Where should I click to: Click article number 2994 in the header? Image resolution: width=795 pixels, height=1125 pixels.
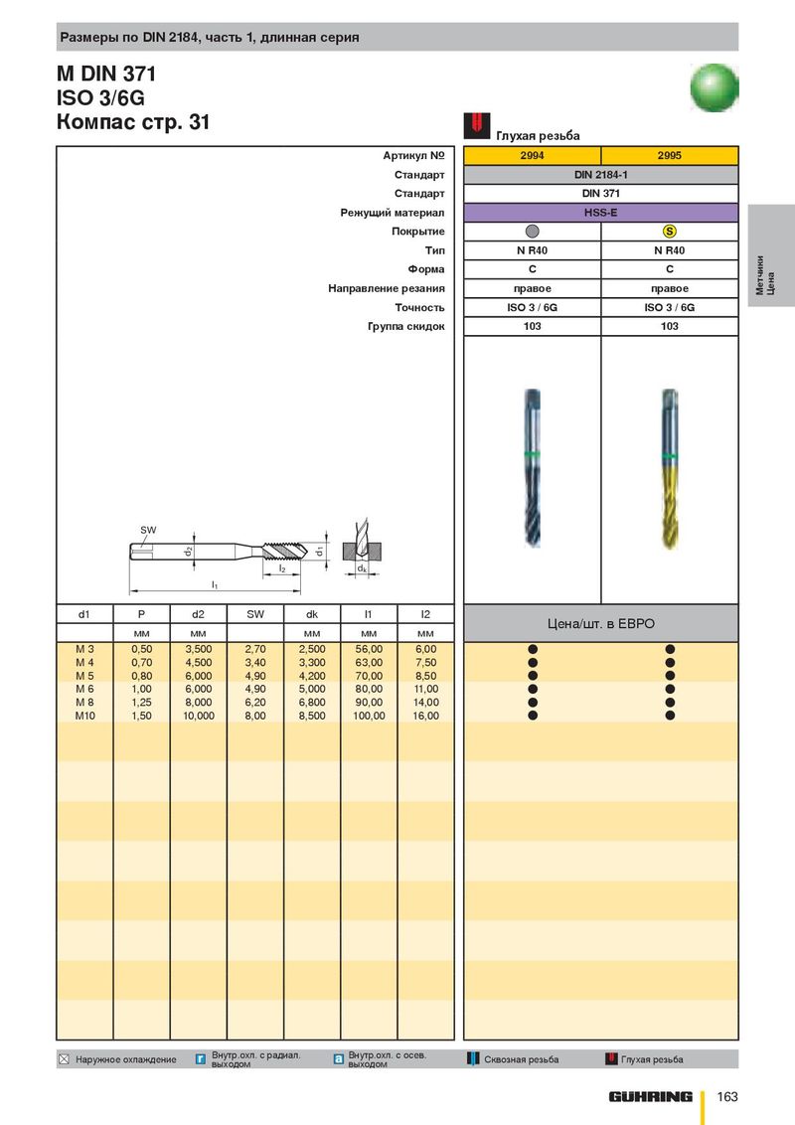[532, 155]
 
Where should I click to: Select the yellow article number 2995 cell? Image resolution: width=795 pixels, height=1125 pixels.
[670, 155]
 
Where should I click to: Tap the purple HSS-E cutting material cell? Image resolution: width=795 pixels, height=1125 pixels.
[600, 213]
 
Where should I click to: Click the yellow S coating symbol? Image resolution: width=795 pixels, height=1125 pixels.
[670, 231]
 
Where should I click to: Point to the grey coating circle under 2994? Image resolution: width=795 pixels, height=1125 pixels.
[533, 231]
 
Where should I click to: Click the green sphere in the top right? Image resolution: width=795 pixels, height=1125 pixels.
[714, 87]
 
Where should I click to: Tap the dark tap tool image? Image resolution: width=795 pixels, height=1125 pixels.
[533, 468]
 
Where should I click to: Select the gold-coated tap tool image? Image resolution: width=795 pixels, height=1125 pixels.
[670, 469]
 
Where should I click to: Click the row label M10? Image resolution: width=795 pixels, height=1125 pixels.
[84, 716]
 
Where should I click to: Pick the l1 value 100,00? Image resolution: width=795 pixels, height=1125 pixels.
[369, 716]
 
